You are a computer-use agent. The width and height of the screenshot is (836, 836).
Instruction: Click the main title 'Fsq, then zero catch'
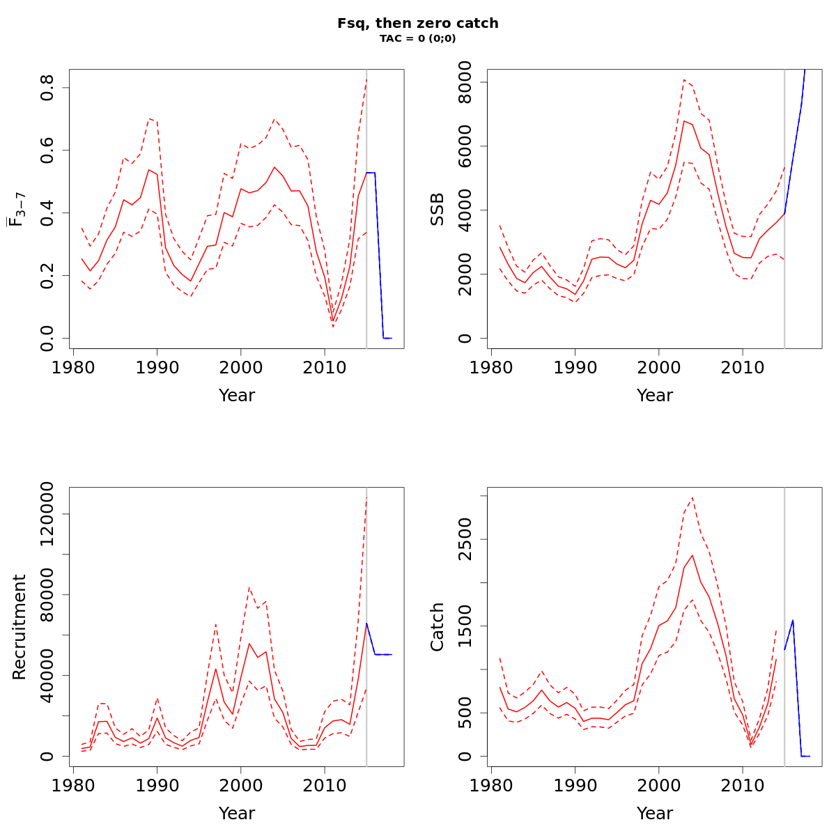[418, 23]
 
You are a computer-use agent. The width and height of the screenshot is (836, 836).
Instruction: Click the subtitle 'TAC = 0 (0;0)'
[418, 38]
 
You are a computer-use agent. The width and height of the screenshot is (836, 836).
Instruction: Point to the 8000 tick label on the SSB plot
[466, 83]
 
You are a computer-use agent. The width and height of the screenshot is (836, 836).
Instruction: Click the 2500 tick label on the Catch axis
[466, 539]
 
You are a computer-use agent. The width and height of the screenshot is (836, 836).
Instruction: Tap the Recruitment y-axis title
[20, 627]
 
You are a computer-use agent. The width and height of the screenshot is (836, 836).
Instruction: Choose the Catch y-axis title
[438, 627]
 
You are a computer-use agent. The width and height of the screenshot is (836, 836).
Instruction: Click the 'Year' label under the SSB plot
[655, 396]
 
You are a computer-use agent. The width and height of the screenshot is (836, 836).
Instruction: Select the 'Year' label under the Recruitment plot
[237, 814]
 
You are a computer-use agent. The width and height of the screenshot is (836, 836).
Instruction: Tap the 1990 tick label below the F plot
[157, 366]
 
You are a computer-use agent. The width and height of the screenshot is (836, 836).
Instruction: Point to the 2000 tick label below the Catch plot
[658, 784]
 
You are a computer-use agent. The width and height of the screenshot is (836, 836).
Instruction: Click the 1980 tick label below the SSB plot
[491, 366]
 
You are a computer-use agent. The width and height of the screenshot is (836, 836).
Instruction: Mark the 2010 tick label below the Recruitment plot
[324, 784]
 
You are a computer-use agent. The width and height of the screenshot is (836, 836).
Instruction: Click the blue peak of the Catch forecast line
[793, 620]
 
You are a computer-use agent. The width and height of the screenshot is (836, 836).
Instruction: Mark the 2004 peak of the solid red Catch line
[692, 555]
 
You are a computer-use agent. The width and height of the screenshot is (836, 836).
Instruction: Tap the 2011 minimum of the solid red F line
[333, 322]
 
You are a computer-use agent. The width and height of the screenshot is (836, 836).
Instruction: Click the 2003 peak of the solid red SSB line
[684, 121]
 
